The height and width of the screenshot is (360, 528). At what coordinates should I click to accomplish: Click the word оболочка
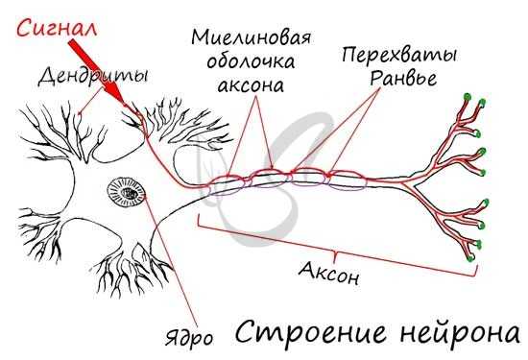[251, 62]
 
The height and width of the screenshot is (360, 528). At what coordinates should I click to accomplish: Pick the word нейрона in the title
[452, 333]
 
